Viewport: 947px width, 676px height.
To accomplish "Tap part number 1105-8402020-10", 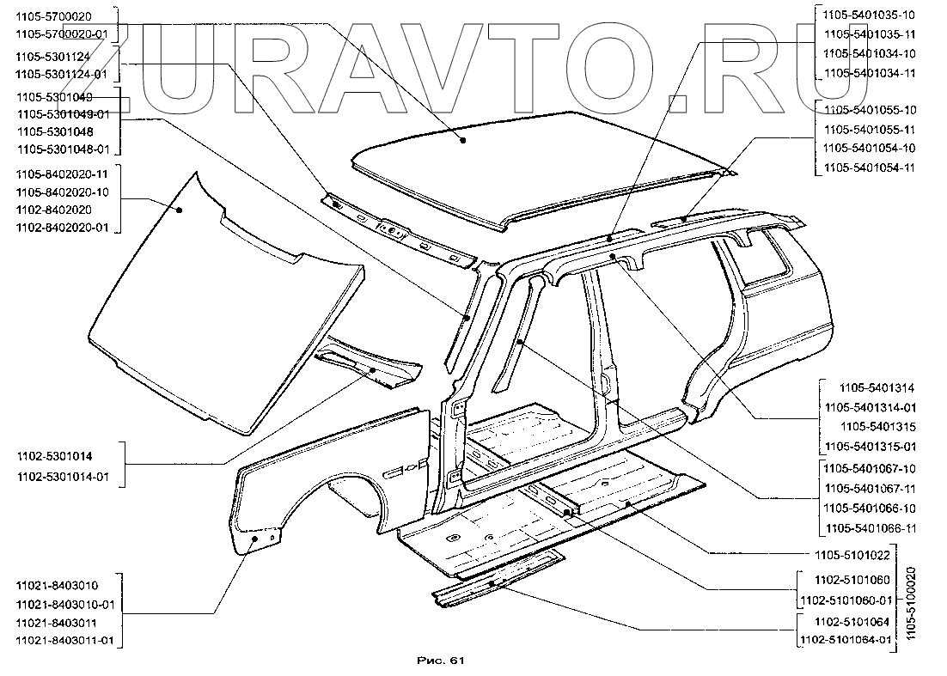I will (x=62, y=192).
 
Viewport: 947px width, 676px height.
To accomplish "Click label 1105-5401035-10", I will (x=869, y=15).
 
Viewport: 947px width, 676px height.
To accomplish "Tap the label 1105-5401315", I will (x=877, y=427).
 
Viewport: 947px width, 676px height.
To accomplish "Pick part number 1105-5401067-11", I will (x=869, y=488).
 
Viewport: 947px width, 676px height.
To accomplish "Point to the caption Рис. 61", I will (x=440, y=661).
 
